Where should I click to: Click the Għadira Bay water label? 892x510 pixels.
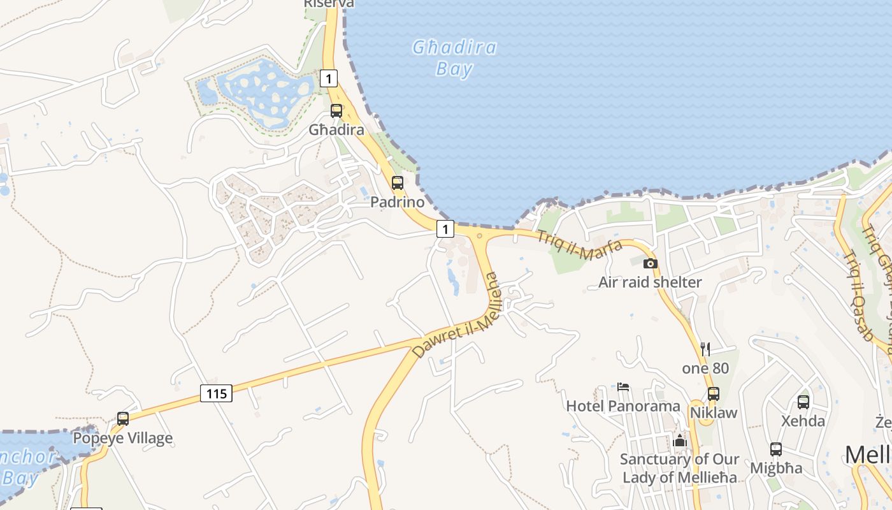pos(454,57)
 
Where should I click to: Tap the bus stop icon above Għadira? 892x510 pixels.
pos(336,111)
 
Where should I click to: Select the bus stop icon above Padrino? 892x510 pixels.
pos(398,183)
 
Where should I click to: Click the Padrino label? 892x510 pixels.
pos(398,202)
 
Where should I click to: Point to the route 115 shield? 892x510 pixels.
pos(217,393)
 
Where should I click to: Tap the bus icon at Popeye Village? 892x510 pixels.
pos(123,419)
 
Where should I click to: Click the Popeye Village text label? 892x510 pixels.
pos(123,438)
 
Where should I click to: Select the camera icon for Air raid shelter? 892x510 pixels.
pos(650,263)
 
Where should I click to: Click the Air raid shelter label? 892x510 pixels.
pos(650,282)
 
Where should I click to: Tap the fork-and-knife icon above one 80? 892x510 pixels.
pos(705,349)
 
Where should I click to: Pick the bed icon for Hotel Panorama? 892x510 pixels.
pos(623,387)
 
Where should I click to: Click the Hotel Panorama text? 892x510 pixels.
pos(623,406)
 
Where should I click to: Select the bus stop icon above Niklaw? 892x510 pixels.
pos(714,393)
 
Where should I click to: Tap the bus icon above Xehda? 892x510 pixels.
pos(803,402)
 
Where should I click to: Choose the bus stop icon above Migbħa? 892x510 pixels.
pos(776,449)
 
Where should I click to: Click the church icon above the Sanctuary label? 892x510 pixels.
pos(680,441)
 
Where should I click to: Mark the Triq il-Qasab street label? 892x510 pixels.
pos(858,295)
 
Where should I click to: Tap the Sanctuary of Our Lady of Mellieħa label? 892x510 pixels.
pos(680,468)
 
